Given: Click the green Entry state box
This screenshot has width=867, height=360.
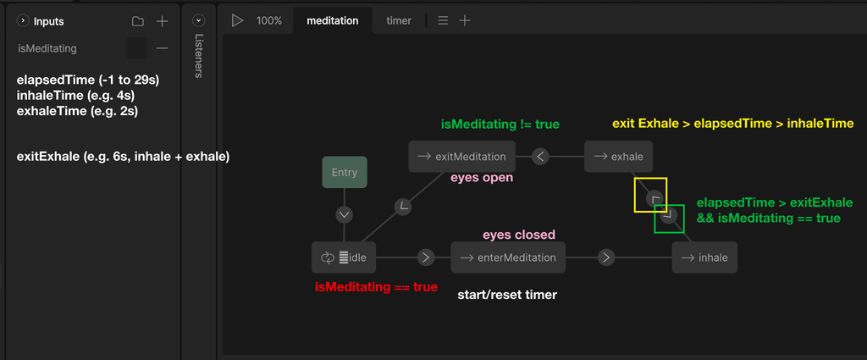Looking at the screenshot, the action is click(345, 172).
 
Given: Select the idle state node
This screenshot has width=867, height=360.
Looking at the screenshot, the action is click(344, 258).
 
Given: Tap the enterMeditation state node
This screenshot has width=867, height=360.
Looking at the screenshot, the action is click(508, 258).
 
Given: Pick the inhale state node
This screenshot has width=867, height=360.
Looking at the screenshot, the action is click(704, 258).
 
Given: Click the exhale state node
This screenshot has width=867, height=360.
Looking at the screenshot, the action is click(618, 157).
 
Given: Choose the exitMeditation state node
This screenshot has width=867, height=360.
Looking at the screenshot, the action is click(461, 157).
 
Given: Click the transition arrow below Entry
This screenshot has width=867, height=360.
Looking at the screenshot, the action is click(345, 214).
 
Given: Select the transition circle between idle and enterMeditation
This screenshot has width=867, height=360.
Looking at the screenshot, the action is click(425, 258).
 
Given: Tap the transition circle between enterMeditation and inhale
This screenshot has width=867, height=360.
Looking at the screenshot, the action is click(606, 258).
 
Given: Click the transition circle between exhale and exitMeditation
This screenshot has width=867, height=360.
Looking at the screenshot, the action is click(541, 157).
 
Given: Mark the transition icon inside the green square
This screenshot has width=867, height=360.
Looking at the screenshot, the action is click(667, 214).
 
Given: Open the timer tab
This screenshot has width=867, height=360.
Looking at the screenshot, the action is click(399, 21).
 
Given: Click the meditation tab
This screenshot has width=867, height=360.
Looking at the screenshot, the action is click(332, 21).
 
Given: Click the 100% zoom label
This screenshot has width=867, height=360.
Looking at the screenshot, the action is click(268, 21).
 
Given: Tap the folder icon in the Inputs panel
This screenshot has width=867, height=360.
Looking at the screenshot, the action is click(138, 21).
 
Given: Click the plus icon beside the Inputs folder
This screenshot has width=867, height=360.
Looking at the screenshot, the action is click(162, 21).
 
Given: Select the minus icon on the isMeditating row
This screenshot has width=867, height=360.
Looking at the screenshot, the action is click(162, 48).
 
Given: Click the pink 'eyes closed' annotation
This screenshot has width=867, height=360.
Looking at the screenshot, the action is click(519, 235).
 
